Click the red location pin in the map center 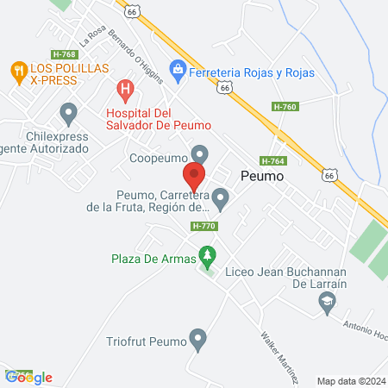click(x=195, y=178)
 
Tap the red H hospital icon click(x=126, y=88)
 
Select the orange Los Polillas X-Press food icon click(x=16, y=68)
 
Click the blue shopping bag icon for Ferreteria click(x=178, y=66)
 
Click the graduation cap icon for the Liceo click(x=326, y=300)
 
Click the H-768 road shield click(x=59, y=53)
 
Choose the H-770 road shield click(x=203, y=226)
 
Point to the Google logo click(x=28, y=377)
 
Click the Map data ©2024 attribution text click(x=349, y=380)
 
